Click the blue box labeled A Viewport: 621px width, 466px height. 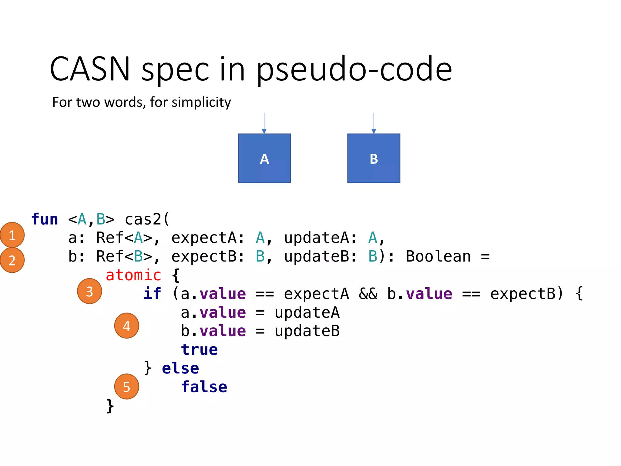pos(264,158)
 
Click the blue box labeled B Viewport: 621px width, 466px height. pos(374,158)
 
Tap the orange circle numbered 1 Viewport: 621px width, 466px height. pos(12,235)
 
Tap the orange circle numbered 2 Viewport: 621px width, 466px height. pos(12,260)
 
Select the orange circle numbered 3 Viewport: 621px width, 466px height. pos(89,291)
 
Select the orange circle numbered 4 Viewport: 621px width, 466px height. pos(126,326)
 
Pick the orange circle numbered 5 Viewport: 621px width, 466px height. pos(126,387)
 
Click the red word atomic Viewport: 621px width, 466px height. pos(133,275)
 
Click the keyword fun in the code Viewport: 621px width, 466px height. pos(45,219)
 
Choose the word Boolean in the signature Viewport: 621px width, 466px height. pos(438,257)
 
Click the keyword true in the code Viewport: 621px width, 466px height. pos(199,350)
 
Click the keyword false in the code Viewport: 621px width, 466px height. pos(204,387)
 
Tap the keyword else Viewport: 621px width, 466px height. pos(180,368)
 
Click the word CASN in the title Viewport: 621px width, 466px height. pos(90,69)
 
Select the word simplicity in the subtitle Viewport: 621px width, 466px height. pos(201,102)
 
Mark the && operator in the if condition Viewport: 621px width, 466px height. pos(368,294)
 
